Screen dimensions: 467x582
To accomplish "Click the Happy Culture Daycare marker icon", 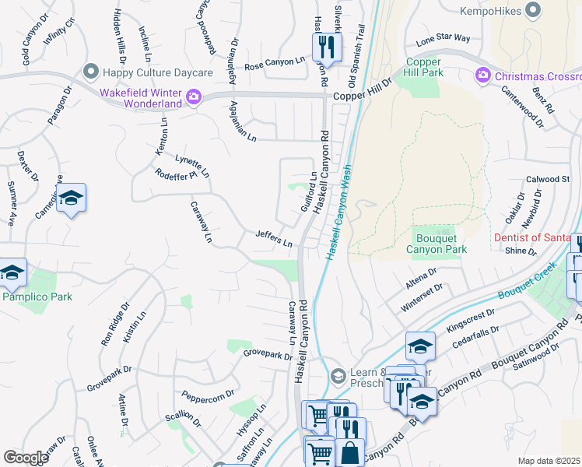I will pyautogui.click(x=91, y=72).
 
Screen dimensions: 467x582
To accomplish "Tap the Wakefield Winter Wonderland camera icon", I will pyautogui.click(x=193, y=97).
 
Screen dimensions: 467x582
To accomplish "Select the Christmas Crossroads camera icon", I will pyautogui.click(x=482, y=75).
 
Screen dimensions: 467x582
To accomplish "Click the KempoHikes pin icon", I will pyautogui.click(x=533, y=9).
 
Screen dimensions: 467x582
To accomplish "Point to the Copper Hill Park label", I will pyautogui.click(x=423, y=68).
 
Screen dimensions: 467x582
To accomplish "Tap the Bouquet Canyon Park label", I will pyautogui.click(x=436, y=244).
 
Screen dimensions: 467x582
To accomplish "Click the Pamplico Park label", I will pyautogui.click(x=37, y=297).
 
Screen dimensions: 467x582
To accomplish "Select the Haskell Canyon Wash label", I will pyautogui.click(x=339, y=212).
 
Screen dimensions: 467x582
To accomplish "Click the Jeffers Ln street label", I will pyautogui.click(x=274, y=239).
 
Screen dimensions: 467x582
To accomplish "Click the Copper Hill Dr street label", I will pyautogui.click(x=363, y=95).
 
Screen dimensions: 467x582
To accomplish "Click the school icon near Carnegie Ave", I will pyautogui.click(x=71, y=198).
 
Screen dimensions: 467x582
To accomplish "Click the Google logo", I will pyautogui.click(x=26, y=458).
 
